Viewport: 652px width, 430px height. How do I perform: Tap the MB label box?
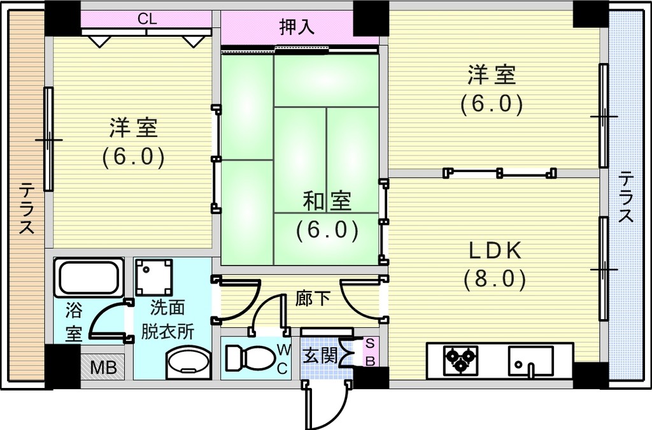click(103, 368)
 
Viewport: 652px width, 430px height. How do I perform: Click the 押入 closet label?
click(297, 27)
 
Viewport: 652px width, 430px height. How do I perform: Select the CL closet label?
click(147, 19)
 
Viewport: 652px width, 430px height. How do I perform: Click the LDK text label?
click(495, 250)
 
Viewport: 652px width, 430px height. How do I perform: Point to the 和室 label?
click(327, 201)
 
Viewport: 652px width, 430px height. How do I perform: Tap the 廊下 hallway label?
click(313, 298)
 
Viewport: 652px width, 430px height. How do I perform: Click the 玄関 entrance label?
click(320, 355)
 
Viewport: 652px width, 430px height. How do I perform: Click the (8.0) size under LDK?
click(495, 278)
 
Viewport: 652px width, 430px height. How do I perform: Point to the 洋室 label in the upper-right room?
click(492, 75)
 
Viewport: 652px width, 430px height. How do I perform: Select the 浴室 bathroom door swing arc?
click(105, 320)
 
